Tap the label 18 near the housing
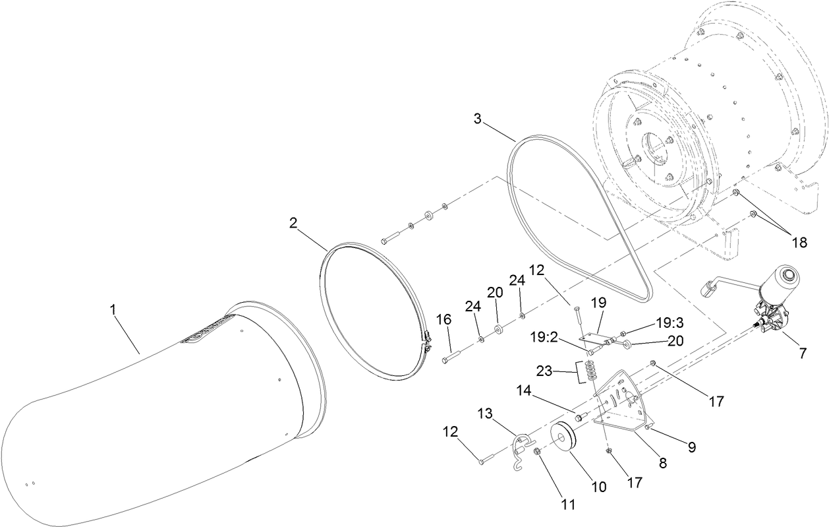point(799,242)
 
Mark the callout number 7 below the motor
point(802,353)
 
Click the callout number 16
point(444,319)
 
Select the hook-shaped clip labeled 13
point(522,449)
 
